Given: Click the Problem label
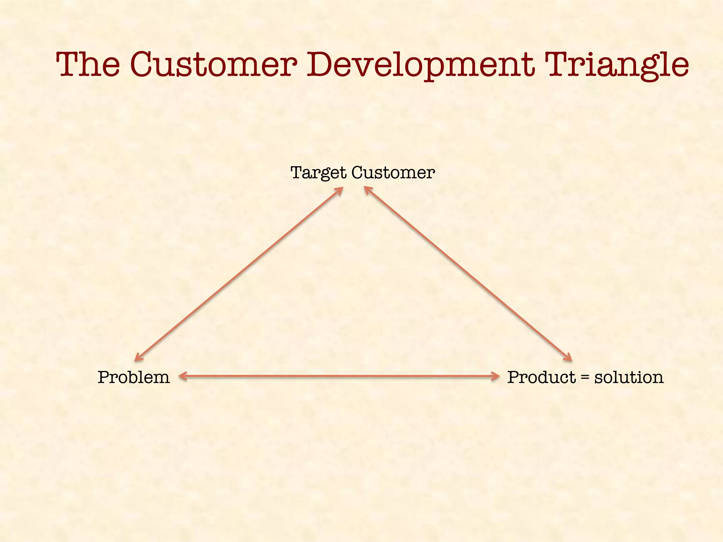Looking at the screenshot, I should coord(133,377).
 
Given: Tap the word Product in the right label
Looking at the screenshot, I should coord(541,377).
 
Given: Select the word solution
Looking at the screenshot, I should coord(629,377).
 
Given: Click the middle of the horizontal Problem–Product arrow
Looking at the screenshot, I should coord(339,377).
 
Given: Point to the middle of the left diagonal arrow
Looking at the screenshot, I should coord(239,274).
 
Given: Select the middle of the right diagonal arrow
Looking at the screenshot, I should coord(468,274).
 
